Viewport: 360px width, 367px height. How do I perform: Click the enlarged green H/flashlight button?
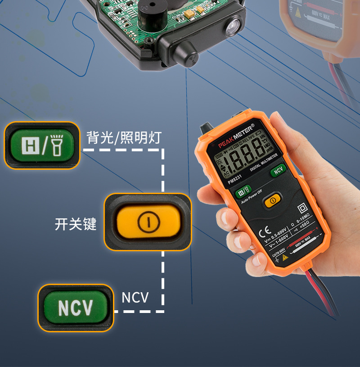click(x=42, y=145)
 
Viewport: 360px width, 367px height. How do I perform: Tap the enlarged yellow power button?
click(x=148, y=222)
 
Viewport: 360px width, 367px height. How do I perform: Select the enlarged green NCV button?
click(x=76, y=308)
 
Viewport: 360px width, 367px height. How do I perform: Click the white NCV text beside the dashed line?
click(x=135, y=297)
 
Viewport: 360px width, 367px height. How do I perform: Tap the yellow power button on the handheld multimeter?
click(x=272, y=201)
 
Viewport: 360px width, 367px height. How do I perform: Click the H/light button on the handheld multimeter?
click(x=243, y=191)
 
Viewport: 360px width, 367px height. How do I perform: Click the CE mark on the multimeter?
click(x=264, y=234)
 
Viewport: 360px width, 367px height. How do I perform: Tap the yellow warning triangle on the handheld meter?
click(x=284, y=257)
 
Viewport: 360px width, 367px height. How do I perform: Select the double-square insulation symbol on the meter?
click(x=303, y=208)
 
